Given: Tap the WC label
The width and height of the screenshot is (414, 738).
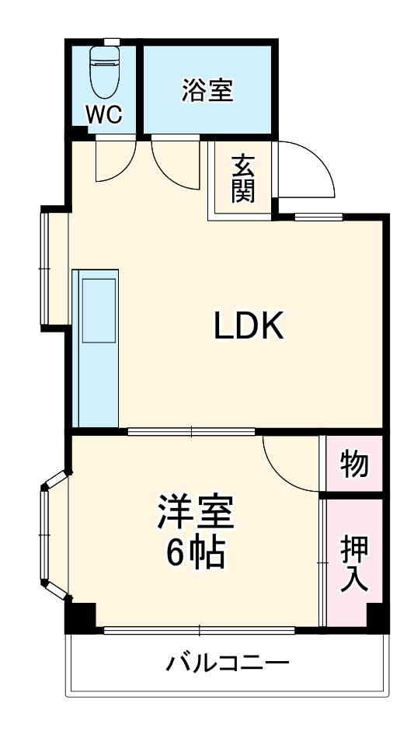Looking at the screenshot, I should click(103, 114).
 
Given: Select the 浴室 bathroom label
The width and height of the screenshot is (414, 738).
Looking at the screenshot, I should click(207, 90).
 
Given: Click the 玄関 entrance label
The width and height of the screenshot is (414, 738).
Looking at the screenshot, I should click(243, 179).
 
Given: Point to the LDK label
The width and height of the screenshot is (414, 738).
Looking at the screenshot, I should click(250, 327).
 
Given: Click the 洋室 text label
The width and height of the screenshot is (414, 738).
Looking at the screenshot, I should click(194, 513).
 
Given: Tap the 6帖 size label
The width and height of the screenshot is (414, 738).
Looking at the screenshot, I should click(194, 553).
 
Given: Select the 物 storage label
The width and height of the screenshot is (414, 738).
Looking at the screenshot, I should click(354, 465).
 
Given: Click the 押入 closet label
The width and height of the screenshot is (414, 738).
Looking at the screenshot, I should click(354, 564).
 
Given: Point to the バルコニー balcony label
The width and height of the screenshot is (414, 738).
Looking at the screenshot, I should click(228, 663).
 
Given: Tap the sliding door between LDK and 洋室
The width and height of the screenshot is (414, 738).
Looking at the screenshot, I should click(192, 431).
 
